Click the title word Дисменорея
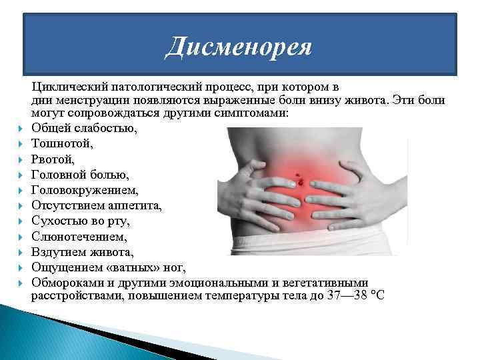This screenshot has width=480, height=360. (239, 47)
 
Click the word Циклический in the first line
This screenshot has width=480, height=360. (68, 87)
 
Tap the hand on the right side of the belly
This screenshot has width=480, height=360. (353, 190)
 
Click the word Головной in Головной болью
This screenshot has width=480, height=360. (59, 175)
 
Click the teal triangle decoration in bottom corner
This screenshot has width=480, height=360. (40, 333)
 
